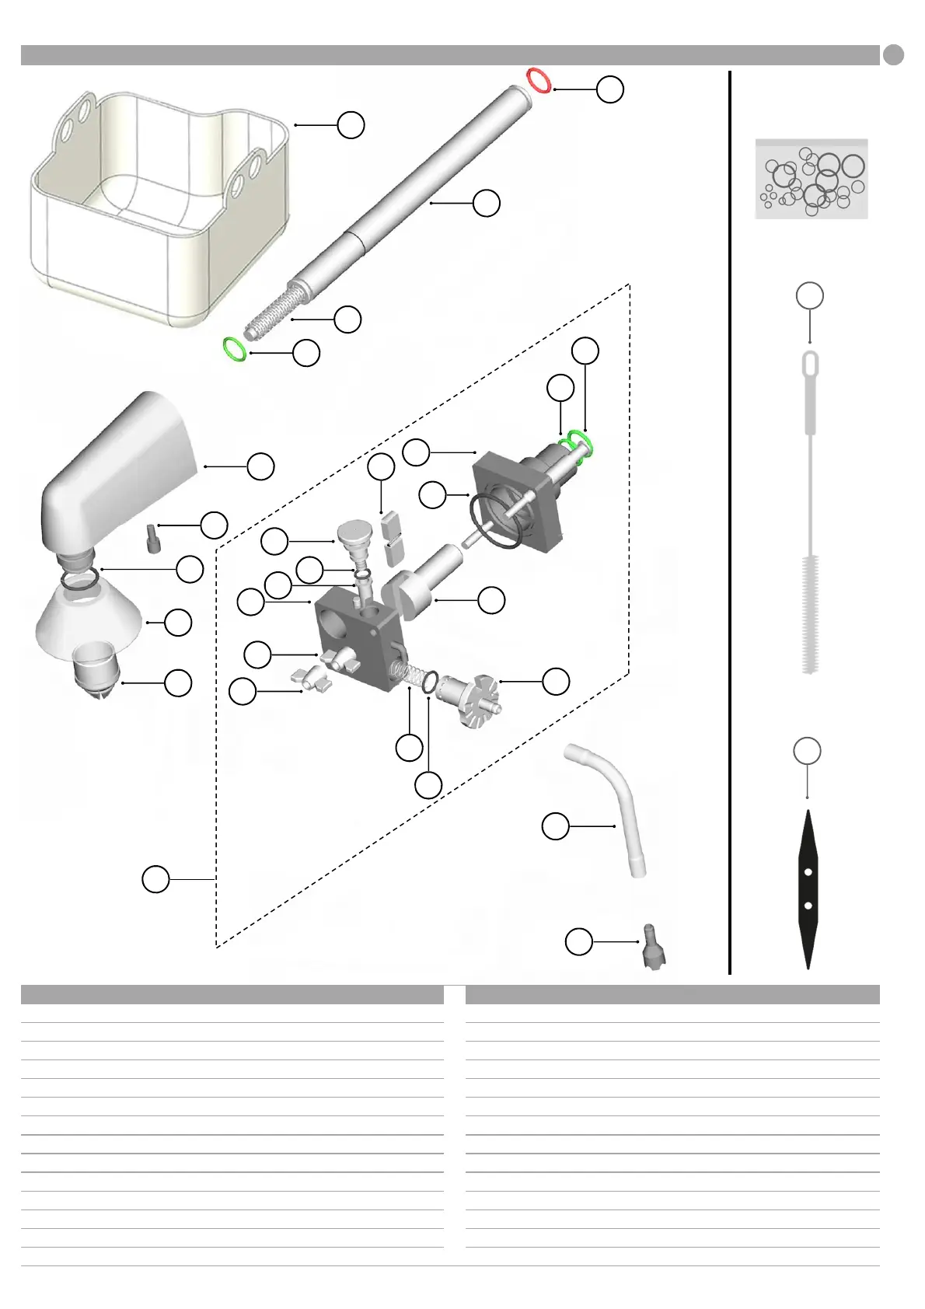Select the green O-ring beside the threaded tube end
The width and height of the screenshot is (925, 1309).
pos(234,349)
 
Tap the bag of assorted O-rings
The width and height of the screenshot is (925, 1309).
pos(812,179)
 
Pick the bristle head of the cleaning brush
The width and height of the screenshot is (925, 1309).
pos(810,614)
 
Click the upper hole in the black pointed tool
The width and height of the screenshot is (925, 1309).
pos(808,872)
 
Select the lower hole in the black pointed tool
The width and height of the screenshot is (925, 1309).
pos(808,906)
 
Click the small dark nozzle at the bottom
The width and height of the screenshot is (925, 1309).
pos(653,946)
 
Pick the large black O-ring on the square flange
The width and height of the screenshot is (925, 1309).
pos(495,522)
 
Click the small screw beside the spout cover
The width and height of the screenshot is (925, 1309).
pos(152,537)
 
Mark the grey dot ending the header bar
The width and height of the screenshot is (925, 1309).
pos(893,55)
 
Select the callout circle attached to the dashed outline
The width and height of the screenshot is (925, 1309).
pos(155,879)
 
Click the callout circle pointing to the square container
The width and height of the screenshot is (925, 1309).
pos(351,124)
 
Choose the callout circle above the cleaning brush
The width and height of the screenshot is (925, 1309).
pos(810,295)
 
